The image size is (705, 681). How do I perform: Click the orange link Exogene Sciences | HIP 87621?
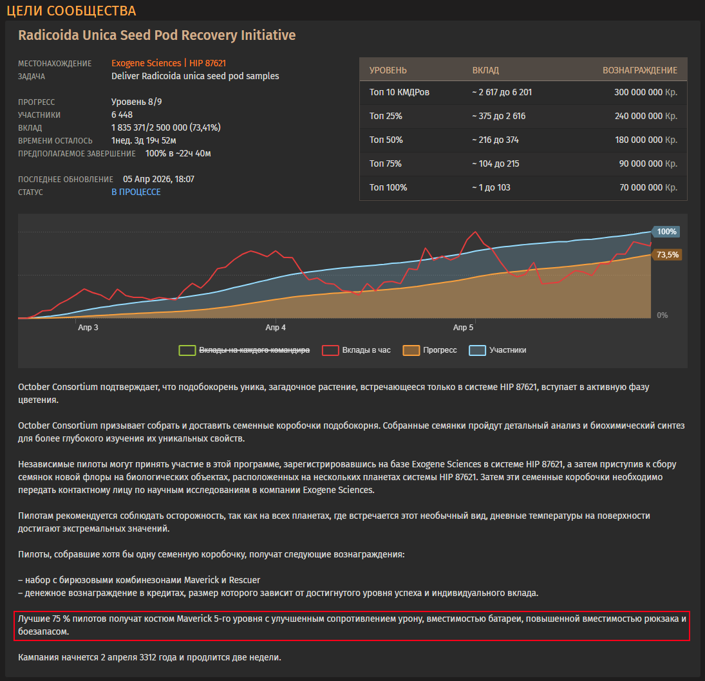(169, 63)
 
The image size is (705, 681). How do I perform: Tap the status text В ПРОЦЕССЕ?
(136, 192)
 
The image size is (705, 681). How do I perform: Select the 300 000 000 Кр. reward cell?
(646, 92)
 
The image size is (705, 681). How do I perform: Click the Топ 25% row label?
(386, 116)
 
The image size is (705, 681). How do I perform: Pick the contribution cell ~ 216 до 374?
(495, 140)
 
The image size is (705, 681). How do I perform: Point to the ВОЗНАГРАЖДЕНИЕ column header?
(640, 70)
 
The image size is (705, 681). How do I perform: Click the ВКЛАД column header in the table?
(485, 70)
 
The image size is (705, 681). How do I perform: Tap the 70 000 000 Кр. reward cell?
(648, 187)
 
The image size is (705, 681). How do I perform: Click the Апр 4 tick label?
(276, 327)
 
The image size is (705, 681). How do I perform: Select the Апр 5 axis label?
(463, 327)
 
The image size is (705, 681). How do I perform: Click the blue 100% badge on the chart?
(666, 232)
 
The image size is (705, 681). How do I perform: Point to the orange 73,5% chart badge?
(667, 255)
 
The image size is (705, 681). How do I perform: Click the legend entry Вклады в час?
(357, 350)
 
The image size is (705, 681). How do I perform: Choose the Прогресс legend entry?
(430, 350)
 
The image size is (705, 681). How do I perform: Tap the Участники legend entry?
(498, 350)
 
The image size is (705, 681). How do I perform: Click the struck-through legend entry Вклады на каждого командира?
(244, 350)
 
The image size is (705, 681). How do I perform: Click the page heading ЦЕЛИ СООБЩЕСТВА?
(71, 11)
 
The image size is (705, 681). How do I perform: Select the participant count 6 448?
(122, 115)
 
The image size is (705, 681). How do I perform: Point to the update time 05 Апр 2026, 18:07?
(159, 179)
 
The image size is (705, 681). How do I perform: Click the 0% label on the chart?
(663, 315)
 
